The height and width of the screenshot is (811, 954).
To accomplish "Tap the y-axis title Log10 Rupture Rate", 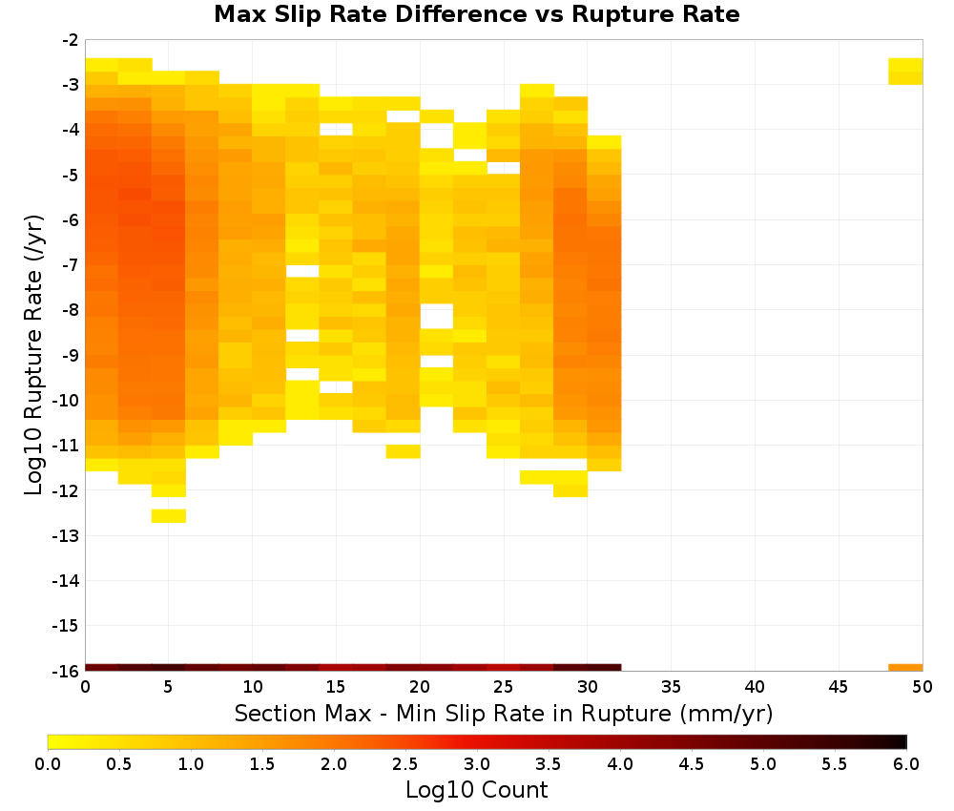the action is click(x=33, y=355).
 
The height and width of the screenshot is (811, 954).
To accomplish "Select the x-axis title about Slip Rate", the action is click(x=503, y=713).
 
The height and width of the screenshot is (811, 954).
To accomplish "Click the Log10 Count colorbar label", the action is click(x=476, y=790).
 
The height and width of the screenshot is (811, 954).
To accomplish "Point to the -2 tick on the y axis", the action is click(x=71, y=40).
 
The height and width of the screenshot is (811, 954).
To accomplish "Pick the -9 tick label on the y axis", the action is click(x=71, y=355).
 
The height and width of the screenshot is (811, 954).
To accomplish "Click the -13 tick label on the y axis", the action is click(x=66, y=535).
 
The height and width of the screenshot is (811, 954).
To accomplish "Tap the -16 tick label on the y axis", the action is click(x=66, y=671).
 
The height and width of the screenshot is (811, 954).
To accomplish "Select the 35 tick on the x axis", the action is click(x=671, y=687).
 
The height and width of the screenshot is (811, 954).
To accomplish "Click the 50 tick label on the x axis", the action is click(x=922, y=687).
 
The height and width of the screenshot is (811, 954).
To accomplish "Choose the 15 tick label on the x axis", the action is click(x=335, y=687).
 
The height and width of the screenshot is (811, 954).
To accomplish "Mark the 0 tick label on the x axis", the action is click(x=85, y=687).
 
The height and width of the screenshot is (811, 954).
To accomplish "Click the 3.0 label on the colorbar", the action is click(x=476, y=763).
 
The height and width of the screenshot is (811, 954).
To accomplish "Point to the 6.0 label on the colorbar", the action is click(x=906, y=763).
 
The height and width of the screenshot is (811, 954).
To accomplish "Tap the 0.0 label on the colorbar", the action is click(x=48, y=763).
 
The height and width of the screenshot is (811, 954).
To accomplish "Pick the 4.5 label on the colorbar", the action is click(x=691, y=763).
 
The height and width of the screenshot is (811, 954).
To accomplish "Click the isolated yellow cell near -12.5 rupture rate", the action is click(x=169, y=516).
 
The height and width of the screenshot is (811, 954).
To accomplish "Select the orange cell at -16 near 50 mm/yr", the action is click(x=905, y=668).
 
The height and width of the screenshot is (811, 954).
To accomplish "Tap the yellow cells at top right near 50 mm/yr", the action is click(x=905, y=72).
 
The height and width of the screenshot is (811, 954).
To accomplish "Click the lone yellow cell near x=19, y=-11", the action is click(x=403, y=451).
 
